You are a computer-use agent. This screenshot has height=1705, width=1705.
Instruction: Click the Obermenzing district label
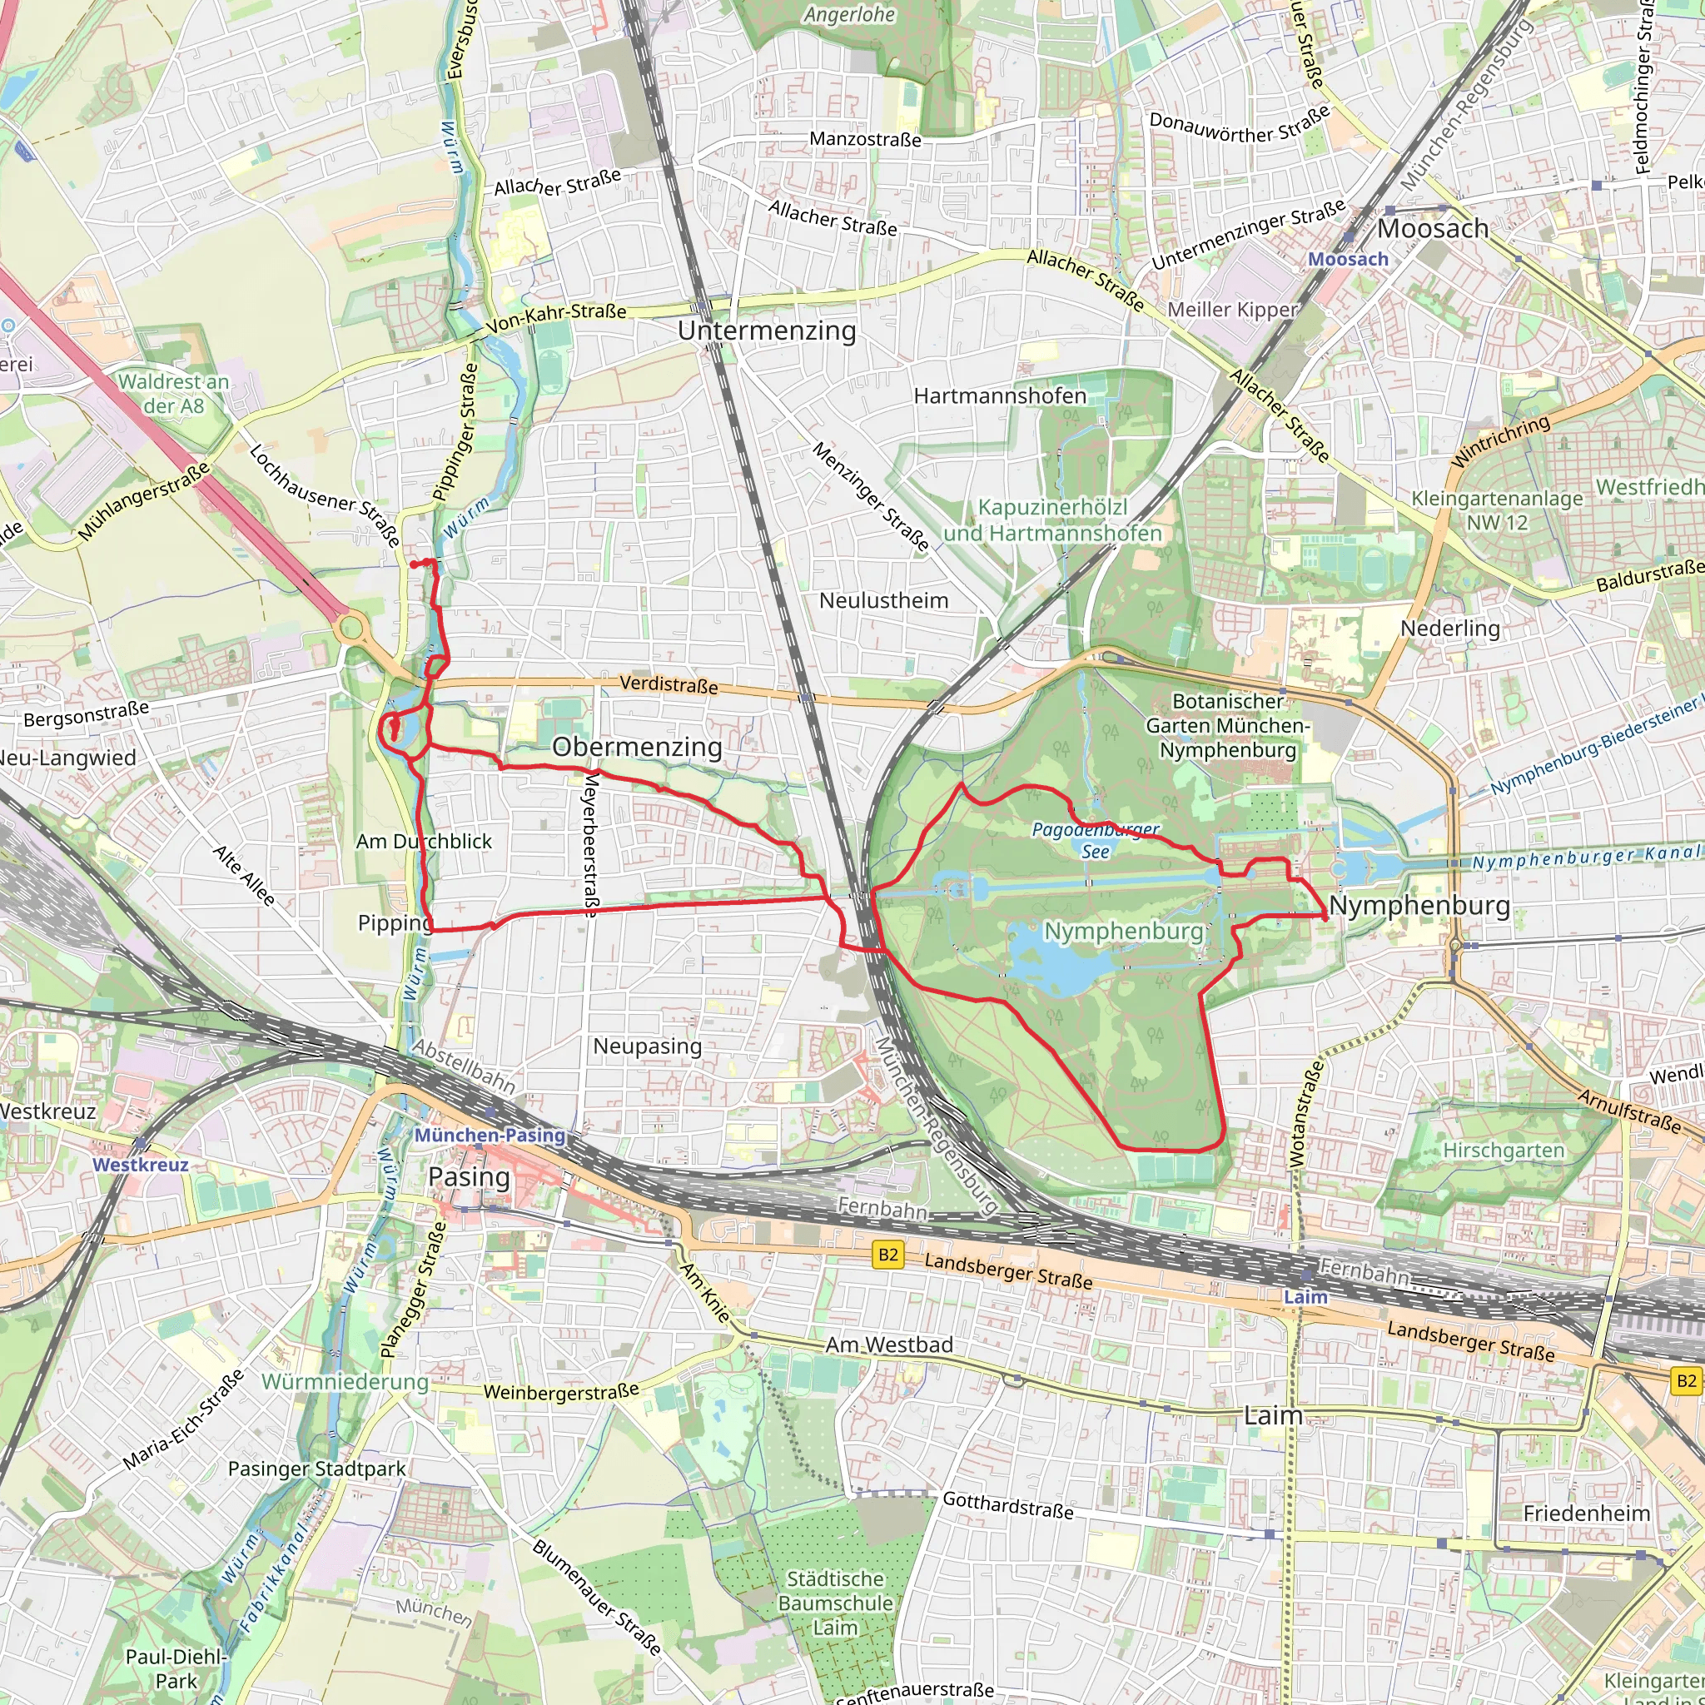[x=636, y=747]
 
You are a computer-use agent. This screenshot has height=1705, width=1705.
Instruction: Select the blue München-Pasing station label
[x=490, y=1135]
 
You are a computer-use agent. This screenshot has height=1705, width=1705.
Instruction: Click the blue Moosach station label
[x=1348, y=259]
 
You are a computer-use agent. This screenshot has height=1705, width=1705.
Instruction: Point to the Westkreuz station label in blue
[x=141, y=1164]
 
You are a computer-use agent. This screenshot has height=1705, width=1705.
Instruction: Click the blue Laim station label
[x=1305, y=1296]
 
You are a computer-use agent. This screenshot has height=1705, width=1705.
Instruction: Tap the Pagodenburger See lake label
[x=1096, y=840]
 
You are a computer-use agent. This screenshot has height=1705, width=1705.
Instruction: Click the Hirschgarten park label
[x=1503, y=1150]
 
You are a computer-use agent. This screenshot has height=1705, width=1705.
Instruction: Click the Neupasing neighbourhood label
[x=647, y=1046]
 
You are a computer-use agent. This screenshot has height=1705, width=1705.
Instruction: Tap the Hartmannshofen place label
[x=999, y=395]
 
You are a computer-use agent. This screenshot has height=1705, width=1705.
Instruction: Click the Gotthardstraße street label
[x=1008, y=1504]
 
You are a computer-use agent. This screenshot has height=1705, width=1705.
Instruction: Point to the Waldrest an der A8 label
[x=174, y=394]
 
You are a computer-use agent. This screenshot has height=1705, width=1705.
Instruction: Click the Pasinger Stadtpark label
[x=317, y=1469]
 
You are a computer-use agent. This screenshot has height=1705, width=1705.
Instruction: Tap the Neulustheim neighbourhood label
[x=883, y=600]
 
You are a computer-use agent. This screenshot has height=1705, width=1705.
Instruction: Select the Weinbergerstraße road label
[x=560, y=1392]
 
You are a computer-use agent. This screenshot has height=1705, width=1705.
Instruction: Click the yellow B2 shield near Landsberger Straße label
[x=887, y=1255]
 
